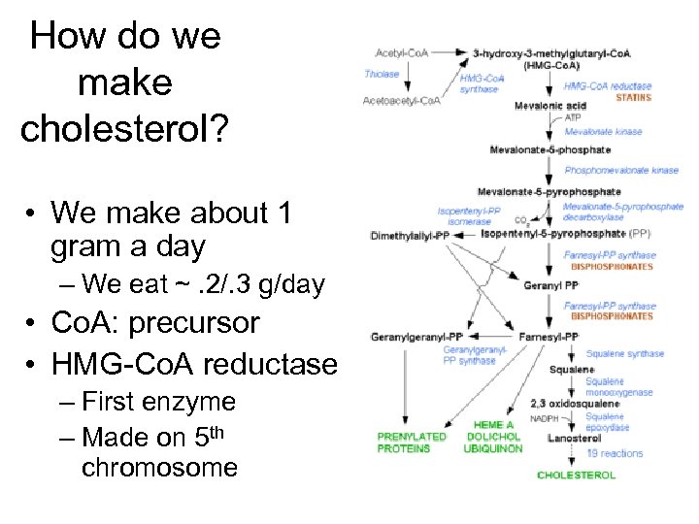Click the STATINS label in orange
click(x=634, y=97)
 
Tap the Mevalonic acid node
click(x=549, y=105)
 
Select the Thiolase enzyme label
click(x=382, y=74)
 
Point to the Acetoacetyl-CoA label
click(x=401, y=100)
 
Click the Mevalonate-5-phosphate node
click(x=549, y=150)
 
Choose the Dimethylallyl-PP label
click(x=410, y=235)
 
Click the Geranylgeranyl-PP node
click(x=410, y=337)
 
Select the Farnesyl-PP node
click(x=549, y=337)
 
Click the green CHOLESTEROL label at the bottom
click(x=576, y=475)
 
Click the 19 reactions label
click(x=615, y=453)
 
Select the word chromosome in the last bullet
click(x=159, y=468)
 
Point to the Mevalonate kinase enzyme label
click(x=603, y=130)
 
